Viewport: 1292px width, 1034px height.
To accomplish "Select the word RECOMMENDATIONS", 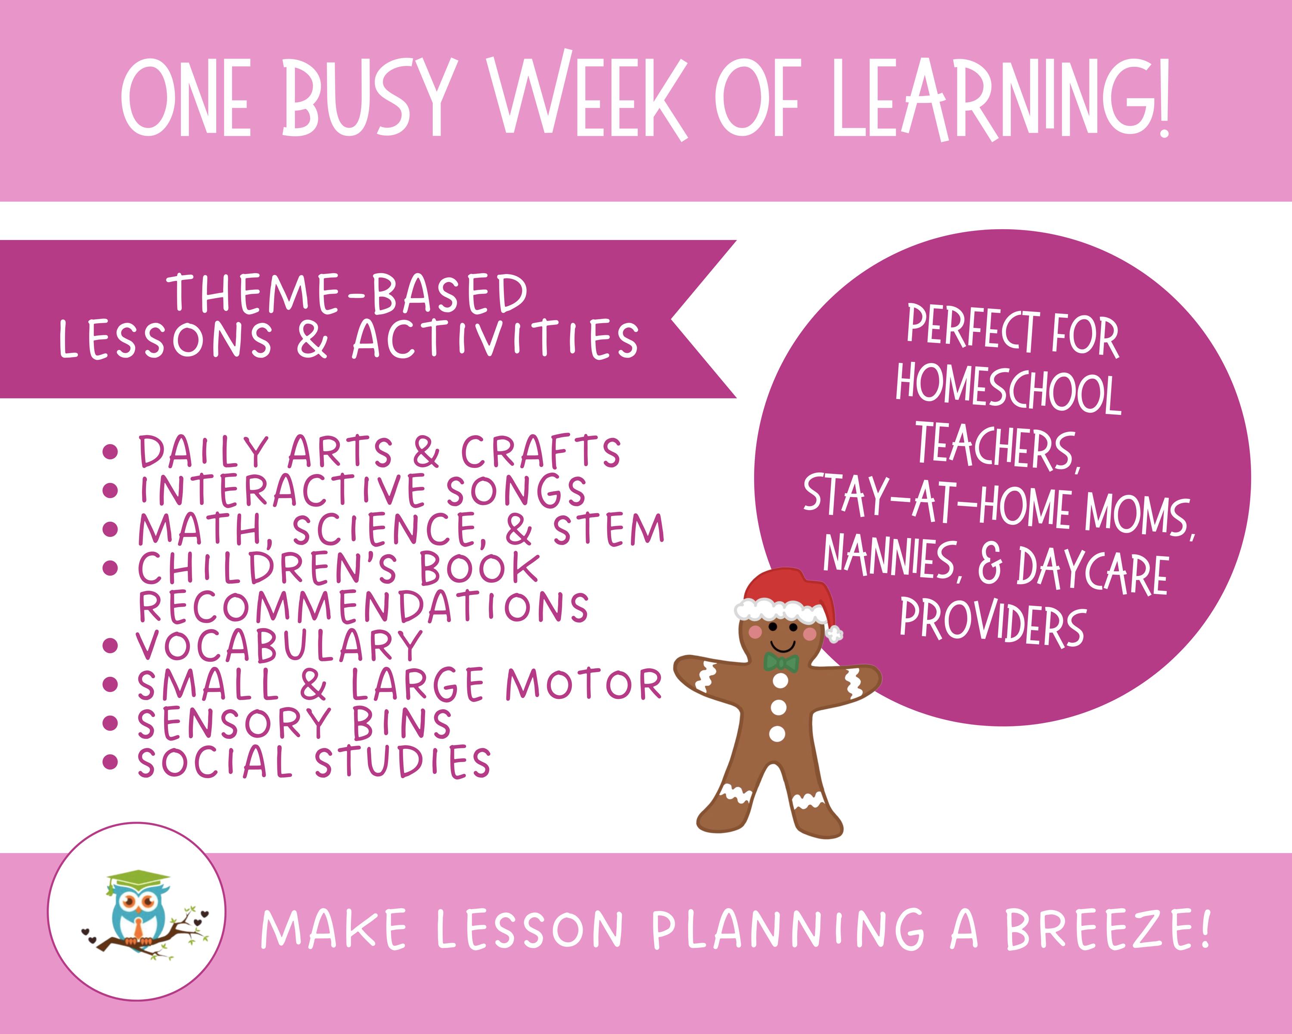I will [x=363, y=607].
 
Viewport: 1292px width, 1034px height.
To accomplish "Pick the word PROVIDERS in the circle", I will [x=992, y=624].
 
